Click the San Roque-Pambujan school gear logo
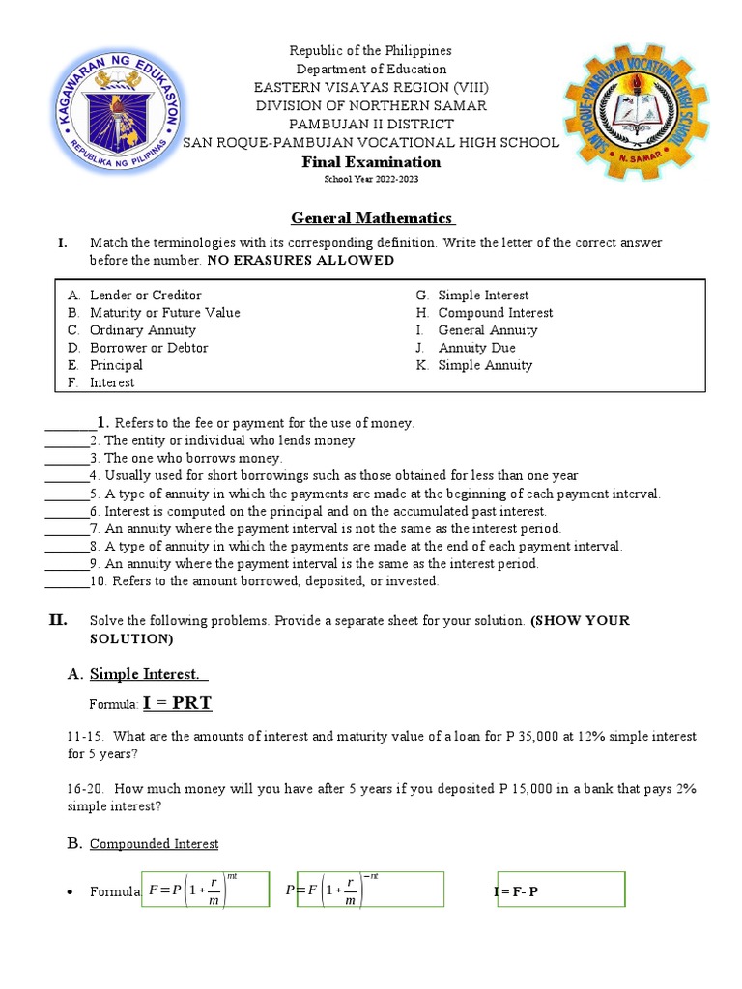[635, 116]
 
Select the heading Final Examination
[372, 162]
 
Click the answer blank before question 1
[71, 423]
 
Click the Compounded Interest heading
[154, 844]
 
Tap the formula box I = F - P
[558, 890]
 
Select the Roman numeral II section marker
[58, 620]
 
